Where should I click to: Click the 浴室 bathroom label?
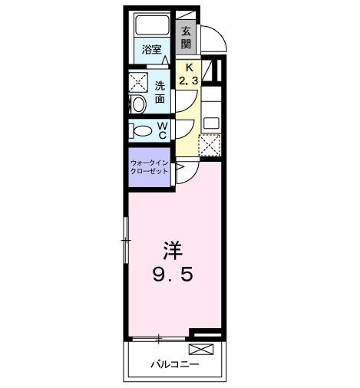point(151,51)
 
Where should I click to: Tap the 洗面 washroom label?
point(160,92)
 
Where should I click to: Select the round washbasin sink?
point(138,104)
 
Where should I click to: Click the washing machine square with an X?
point(138,83)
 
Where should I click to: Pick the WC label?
point(163,130)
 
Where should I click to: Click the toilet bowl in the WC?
point(140,130)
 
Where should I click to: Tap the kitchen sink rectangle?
point(210,122)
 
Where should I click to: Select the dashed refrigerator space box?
point(210,143)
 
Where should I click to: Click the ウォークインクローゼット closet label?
point(150,168)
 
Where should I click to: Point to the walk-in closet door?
point(177,173)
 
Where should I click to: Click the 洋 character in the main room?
point(173,252)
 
